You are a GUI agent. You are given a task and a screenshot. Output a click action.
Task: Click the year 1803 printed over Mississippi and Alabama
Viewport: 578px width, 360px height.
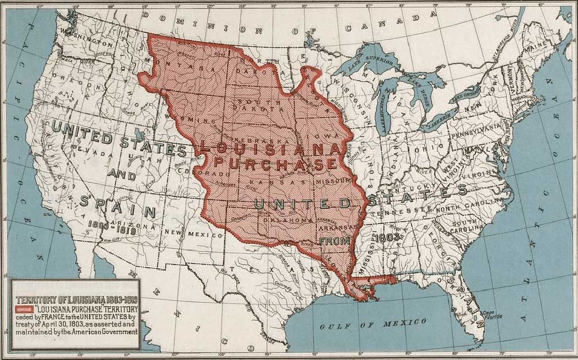[x=383, y=238]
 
